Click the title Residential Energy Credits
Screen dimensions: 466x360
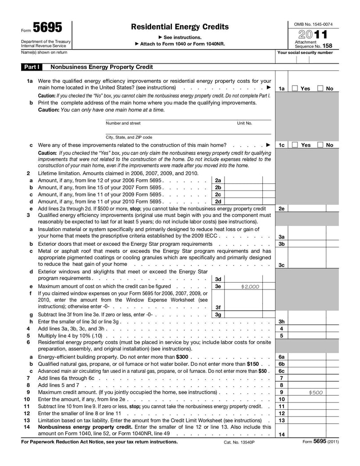(x=180, y=27)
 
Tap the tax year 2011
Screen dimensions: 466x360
(x=311, y=34)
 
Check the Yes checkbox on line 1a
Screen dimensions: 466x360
(x=295, y=89)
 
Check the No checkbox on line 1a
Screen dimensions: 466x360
(x=320, y=89)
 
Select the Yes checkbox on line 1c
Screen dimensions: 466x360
(x=295, y=145)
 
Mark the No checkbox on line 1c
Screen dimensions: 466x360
(x=320, y=145)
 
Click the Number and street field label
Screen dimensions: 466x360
(x=123, y=123)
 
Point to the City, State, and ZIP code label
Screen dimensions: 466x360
(x=129, y=137)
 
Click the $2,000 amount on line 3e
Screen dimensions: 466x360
(x=250, y=286)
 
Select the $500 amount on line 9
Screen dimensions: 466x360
(x=315, y=392)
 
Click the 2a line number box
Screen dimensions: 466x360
(x=218, y=180)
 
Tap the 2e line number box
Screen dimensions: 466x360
(x=281, y=209)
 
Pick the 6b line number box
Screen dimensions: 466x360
(x=281, y=364)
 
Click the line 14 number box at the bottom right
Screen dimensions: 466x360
(x=281, y=434)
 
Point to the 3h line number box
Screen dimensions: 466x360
(x=281, y=321)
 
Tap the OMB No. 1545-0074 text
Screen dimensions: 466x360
(x=313, y=23)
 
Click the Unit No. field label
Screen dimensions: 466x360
(x=244, y=123)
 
